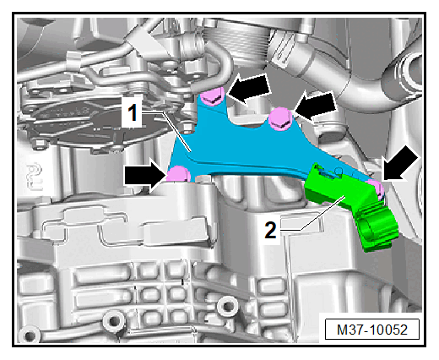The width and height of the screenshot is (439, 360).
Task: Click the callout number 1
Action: click(133, 112)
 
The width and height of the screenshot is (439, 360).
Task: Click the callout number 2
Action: click(270, 231)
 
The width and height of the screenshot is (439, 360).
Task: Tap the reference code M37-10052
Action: click(372, 330)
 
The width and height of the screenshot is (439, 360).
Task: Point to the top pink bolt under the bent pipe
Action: click(213, 95)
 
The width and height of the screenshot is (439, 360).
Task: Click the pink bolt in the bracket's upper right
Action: click(279, 119)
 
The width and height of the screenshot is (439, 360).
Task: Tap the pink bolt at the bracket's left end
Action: click(179, 174)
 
